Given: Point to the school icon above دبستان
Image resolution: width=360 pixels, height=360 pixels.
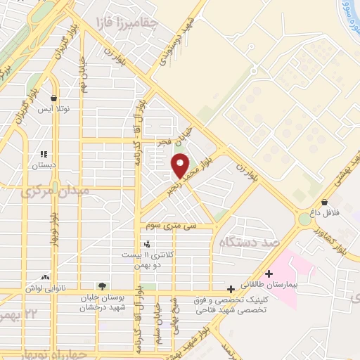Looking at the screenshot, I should pos(44,153).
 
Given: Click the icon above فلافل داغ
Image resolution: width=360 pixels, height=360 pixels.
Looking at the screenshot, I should pos(324,201).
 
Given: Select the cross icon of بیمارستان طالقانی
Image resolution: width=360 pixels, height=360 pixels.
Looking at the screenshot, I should pos(269,274).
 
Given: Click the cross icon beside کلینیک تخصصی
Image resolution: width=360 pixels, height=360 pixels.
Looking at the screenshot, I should pos(231,289).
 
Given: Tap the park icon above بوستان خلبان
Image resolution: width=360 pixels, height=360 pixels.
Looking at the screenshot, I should pos(103,285).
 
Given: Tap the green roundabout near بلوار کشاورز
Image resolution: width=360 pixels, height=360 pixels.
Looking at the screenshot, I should pos(304,219).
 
